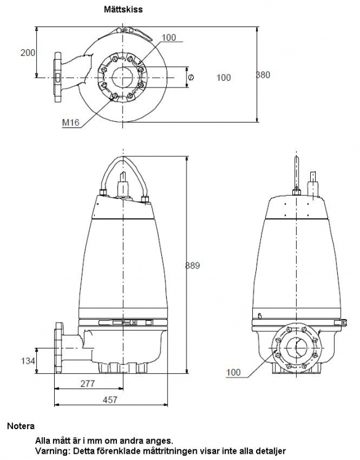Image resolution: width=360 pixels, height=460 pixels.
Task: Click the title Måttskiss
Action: click(123, 9)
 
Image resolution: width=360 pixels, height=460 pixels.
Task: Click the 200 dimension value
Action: click(28, 53)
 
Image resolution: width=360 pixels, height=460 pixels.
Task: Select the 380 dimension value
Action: click(263, 75)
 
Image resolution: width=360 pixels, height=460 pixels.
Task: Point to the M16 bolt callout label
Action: click(71, 123)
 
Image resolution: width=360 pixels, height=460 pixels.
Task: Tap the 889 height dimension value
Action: click(193, 266)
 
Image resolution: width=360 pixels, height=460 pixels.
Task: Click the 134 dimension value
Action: click(28, 361)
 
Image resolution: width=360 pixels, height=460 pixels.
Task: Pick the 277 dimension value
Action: click(87, 384)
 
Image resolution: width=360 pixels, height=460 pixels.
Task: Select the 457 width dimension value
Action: click(110, 400)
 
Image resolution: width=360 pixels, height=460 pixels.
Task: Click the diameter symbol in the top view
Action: click(191, 77)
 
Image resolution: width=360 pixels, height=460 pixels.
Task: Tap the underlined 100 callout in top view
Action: click(169, 38)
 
